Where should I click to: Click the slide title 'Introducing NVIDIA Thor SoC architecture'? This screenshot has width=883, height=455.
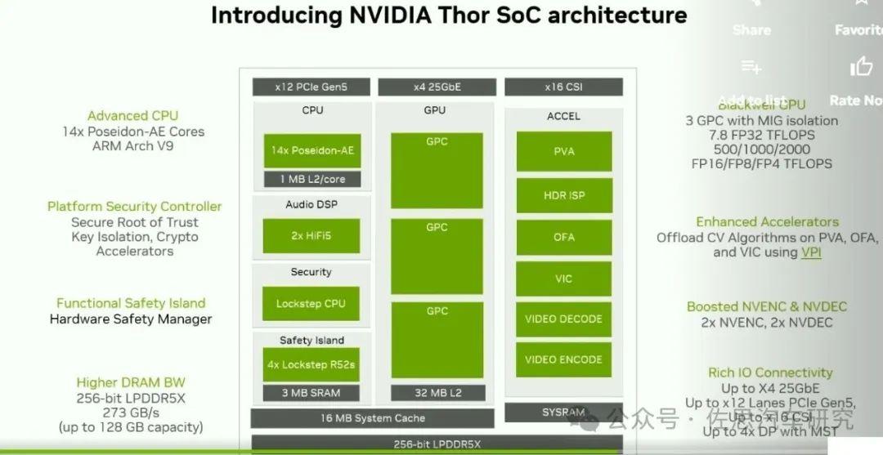(449, 16)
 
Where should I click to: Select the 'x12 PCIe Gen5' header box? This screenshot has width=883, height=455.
(312, 87)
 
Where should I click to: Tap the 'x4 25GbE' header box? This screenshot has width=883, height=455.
(437, 87)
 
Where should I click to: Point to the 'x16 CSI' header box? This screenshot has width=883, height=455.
(563, 87)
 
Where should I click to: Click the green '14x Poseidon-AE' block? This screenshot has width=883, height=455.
(312, 151)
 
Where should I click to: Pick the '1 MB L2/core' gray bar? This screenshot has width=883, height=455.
(312, 179)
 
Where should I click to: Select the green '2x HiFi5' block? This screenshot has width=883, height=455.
(312, 235)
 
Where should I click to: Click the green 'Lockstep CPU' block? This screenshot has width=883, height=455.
(311, 303)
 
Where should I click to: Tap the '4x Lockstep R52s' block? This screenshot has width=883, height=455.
(311, 364)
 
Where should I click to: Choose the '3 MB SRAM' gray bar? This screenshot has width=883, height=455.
(311, 393)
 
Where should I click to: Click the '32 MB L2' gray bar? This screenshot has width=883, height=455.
(437, 393)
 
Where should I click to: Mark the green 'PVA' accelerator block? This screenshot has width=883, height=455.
(563, 151)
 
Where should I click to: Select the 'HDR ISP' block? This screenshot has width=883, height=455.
(563, 195)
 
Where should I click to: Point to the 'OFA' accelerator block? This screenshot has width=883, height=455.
(563, 237)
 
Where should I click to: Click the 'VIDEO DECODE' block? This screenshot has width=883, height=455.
(563, 319)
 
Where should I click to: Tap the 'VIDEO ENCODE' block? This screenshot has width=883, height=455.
(563, 359)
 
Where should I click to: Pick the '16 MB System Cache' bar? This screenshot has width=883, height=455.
(372, 418)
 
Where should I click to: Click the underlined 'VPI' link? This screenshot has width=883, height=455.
(811, 252)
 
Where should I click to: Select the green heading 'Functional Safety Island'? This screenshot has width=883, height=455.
(131, 303)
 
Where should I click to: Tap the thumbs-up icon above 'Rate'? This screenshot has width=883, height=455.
(861, 67)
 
